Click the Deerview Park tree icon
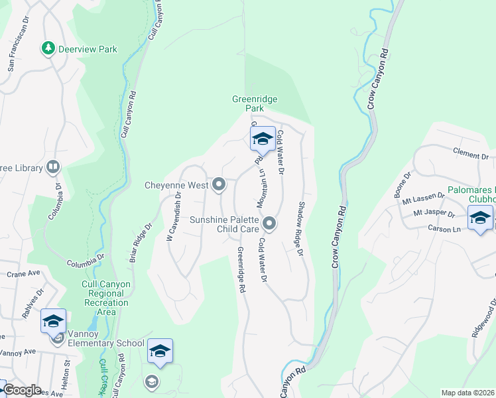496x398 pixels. point(48,48)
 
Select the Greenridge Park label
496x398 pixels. point(255,103)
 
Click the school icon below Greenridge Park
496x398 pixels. point(263,139)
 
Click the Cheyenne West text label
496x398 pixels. point(176,186)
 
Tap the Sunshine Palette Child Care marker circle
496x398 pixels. point(269,223)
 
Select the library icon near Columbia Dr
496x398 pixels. point(52,168)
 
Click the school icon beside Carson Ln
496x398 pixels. point(480,218)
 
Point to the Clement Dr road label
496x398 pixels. point(471,155)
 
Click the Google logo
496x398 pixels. point(21,390)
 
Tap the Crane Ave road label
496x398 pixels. point(24,273)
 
